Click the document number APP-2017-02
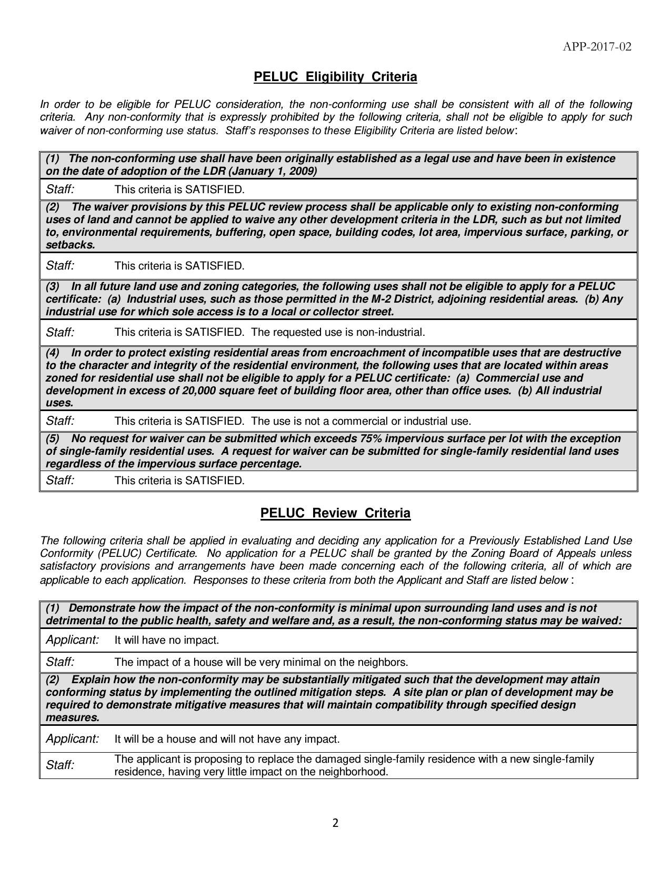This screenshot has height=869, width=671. [597, 47]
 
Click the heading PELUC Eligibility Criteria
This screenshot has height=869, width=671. [335, 77]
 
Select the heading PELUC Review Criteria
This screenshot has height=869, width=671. [335, 513]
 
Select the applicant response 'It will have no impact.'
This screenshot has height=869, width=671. [166, 640]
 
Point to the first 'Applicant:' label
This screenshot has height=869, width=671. [73, 640]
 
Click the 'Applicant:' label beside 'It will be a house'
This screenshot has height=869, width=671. [73, 739]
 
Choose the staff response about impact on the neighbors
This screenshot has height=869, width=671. [261, 662]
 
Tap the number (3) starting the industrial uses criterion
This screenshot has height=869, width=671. [53, 287]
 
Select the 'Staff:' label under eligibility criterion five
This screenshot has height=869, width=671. [60, 481]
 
